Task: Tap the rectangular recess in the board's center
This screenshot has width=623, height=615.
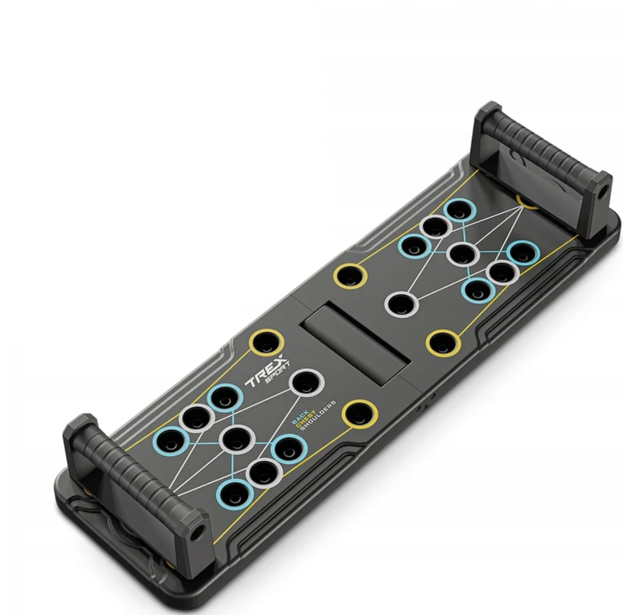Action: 354,343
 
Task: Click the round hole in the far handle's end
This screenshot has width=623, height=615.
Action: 602,193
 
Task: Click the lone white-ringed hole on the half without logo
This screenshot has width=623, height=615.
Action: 401,304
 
